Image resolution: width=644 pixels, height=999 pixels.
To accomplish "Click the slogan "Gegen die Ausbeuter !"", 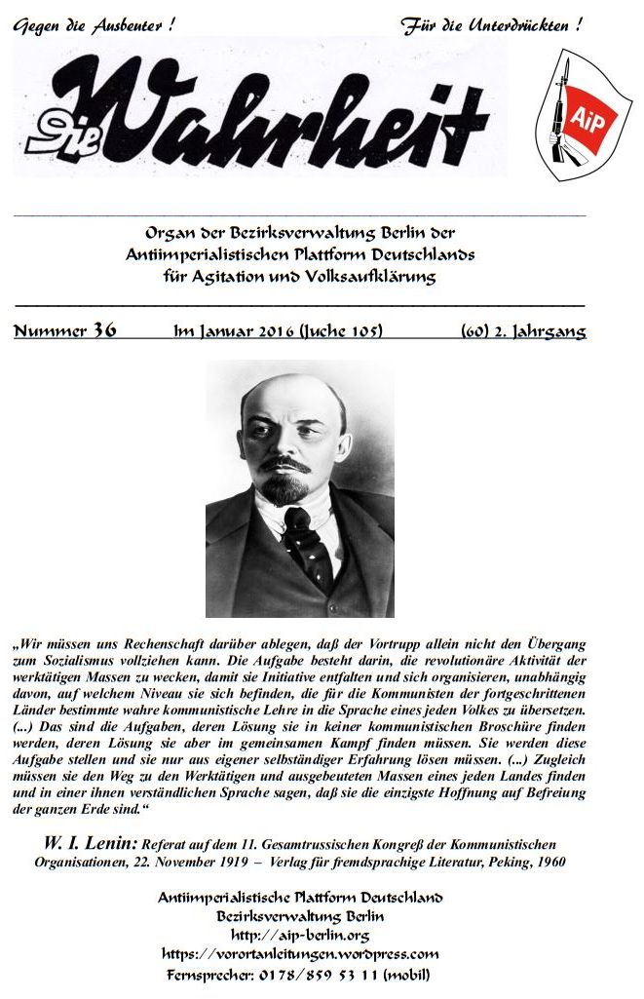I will coord(94,26).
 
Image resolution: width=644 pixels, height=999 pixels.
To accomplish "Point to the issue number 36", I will coord(104,331).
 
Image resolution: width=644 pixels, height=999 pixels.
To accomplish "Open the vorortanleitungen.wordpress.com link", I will coord(299,954).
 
